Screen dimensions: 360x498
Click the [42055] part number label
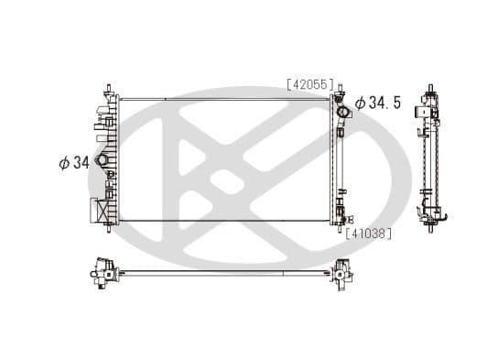(x=309, y=83)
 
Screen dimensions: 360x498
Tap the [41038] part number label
(x=369, y=234)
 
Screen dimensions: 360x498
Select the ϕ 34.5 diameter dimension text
(x=378, y=104)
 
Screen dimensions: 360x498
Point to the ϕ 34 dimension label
(x=75, y=163)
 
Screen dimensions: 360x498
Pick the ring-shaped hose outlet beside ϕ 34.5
(x=342, y=114)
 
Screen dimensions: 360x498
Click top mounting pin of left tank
(x=109, y=90)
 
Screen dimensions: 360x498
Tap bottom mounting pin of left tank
(x=109, y=226)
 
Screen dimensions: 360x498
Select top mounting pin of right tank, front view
(x=340, y=91)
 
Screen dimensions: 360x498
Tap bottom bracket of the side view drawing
(x=429, y=216)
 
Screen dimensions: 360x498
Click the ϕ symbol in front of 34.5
(x=360, y=104)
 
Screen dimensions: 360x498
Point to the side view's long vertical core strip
(x=428, y=156)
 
